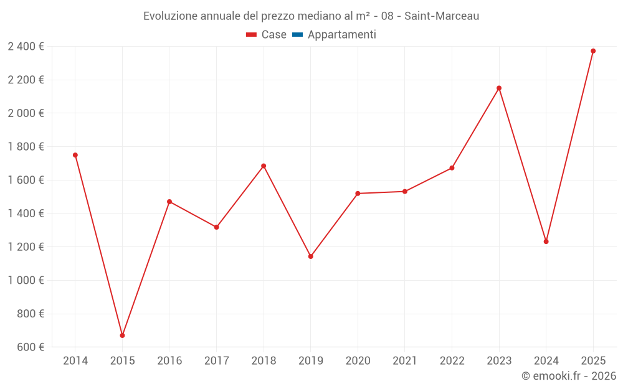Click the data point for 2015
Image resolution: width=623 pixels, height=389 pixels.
click(x=122, y=335)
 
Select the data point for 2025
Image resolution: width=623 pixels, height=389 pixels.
click(x=593, y=51)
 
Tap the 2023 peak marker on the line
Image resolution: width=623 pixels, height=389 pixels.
click(x=499, y=88)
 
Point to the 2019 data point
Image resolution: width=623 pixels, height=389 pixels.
click(x=311, y=256)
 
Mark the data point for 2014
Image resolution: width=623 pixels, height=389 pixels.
click(x=75, y=155)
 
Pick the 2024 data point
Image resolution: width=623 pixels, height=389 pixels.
click(x=546, y=241)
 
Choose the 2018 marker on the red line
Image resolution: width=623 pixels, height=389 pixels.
click(x=264, y=166)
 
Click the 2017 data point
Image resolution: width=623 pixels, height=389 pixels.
click(x=216, y=227)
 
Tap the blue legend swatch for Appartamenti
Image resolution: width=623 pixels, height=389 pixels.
click(x=297, y=35)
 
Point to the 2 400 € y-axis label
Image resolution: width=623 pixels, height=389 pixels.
click(x=26, y=47)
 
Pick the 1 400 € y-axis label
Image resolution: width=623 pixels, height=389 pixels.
click(x=26, y=213)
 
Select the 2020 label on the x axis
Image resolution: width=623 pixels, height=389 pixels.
click(x=358, y=361)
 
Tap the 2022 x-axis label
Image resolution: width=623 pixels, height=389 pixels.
click(x=452, y=361)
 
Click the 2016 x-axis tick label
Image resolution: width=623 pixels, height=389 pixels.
click(x=169, y=361)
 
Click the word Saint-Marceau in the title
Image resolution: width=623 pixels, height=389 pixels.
click(x=442, y=16)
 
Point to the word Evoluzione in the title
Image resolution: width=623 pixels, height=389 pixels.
click(x=170, y=16)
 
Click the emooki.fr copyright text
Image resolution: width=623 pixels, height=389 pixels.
click(x=568, y=376)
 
